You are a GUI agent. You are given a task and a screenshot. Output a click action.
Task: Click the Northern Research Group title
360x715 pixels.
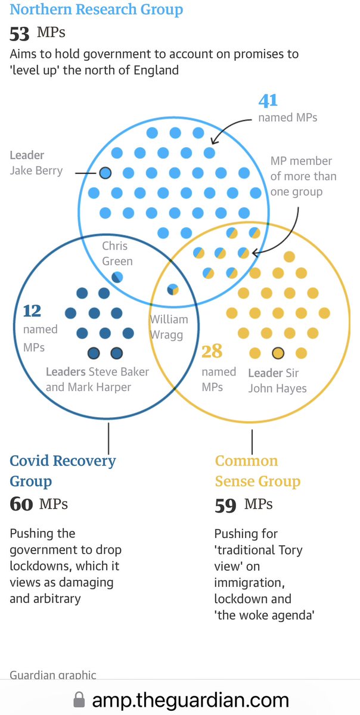click(97, 10)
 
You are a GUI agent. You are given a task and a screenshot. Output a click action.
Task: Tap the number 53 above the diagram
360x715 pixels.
click(20, 34)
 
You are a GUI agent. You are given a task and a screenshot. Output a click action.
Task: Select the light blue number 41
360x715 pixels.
click(268, 100)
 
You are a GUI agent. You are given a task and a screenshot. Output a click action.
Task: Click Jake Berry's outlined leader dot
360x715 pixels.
click(105, 173)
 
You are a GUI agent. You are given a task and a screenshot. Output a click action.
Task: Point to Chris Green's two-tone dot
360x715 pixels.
click(117, 277)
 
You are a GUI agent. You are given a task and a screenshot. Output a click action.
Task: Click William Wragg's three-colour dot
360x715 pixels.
click(173, 290)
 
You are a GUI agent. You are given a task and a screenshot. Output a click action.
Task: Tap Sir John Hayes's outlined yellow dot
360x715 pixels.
click(278, 353)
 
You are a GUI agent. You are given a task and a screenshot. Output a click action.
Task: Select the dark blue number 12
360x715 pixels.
click(32, 311)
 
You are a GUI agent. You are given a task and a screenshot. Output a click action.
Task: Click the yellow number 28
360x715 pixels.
click(212, 351)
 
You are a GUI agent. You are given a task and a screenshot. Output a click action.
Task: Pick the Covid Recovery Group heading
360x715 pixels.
click(63, 471)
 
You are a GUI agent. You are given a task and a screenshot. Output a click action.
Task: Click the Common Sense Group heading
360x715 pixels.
click(258, 471)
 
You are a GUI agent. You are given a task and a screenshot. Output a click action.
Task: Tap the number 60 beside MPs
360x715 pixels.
click(21, 504)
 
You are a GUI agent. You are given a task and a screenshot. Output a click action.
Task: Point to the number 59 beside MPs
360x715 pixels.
click(225, 506)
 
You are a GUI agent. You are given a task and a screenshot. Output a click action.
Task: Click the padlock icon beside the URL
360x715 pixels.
click(79, 700)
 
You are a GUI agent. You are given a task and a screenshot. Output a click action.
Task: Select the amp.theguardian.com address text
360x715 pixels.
click(191, 700)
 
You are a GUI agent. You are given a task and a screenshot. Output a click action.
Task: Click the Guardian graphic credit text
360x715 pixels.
click(53, 674)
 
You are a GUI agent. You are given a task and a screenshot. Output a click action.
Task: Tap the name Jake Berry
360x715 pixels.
click(36, 170)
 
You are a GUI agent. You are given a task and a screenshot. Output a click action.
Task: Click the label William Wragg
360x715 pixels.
click(169, 327)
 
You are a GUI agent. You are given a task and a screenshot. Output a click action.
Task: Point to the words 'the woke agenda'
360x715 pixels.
click(265, 615)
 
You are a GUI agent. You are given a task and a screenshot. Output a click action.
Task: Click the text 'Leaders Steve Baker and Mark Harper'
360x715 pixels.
click(97, 380)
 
